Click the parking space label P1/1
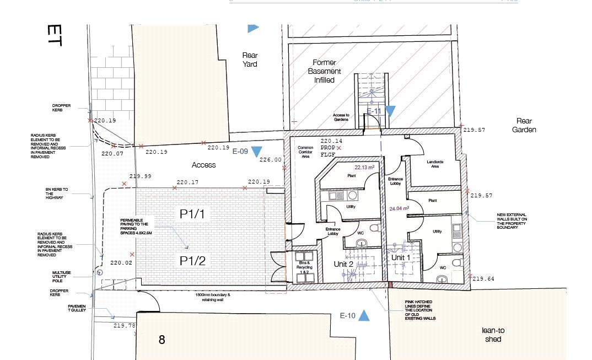pos(192,214)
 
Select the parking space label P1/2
pos(192,261)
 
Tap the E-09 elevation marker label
pos(240,151)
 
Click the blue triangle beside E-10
pos(364,316)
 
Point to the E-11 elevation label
pos(374,111)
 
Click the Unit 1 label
pos(400,257)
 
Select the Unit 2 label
pos(343,264)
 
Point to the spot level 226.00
pos(270,160)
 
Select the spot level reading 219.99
pos(140,176)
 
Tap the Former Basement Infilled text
pos(325,71)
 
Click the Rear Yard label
pos(250,60)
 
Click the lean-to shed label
pos(493,335)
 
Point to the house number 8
pos(162,340)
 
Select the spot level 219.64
pos(483,279)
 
